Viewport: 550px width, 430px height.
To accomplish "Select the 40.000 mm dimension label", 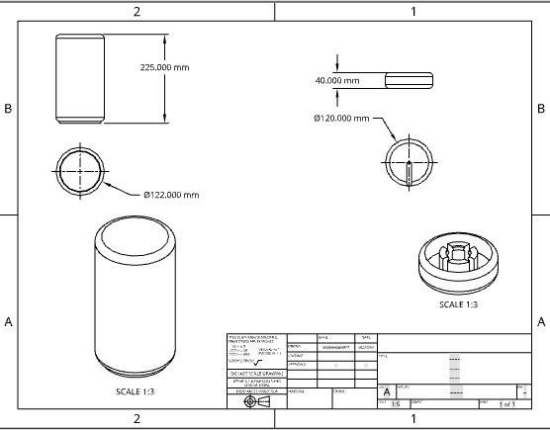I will pos(337,80).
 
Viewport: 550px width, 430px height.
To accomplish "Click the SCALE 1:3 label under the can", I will pos(133,391).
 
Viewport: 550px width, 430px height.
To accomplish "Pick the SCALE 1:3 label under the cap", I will pos(458,304).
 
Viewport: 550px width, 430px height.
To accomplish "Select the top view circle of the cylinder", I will pos(79,169).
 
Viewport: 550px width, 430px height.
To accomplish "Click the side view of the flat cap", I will pos(409,80).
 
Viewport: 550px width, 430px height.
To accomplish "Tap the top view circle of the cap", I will pos(409,161).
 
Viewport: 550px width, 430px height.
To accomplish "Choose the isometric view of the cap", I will pos(458,261).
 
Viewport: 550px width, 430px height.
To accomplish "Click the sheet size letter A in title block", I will pos(386,391).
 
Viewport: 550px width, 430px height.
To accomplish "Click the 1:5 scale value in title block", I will pos(396,404).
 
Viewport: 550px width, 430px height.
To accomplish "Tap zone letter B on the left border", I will pos(9,108).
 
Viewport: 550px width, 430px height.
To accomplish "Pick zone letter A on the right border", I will pos(541,322).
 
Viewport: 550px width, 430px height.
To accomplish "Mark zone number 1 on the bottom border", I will pos(412,420).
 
